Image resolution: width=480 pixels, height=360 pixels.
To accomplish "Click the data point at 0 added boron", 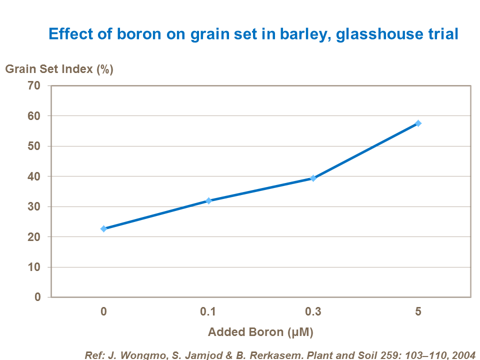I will click(103, 228).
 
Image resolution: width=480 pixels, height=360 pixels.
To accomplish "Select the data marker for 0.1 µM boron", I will click(208, 200).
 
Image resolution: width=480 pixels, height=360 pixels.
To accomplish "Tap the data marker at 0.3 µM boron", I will click(313, 178).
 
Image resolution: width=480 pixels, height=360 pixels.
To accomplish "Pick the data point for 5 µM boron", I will click(418, 123).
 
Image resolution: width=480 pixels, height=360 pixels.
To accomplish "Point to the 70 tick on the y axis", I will click(34, 85).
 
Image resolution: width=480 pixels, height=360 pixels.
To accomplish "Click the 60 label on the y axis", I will click(34, 116).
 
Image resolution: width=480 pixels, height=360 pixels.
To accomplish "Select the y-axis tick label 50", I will click(34, 146).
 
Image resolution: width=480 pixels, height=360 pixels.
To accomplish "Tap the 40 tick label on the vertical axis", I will click(34, 176).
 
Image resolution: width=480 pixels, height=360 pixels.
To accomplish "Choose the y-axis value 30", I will click(34, 206).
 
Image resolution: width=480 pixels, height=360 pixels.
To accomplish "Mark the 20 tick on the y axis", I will click(34, 237).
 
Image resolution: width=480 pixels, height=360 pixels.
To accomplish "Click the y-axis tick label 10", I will click(34, 267).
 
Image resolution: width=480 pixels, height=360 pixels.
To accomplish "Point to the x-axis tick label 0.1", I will click(208, 311).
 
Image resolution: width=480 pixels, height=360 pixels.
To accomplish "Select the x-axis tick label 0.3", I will click(313, 311).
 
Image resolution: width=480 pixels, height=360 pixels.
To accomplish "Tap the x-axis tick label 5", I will click(418, 311).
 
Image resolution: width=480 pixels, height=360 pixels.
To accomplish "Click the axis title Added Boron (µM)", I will click(260, 332).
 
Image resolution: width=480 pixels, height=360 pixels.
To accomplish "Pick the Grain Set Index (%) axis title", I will click(59, 69).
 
